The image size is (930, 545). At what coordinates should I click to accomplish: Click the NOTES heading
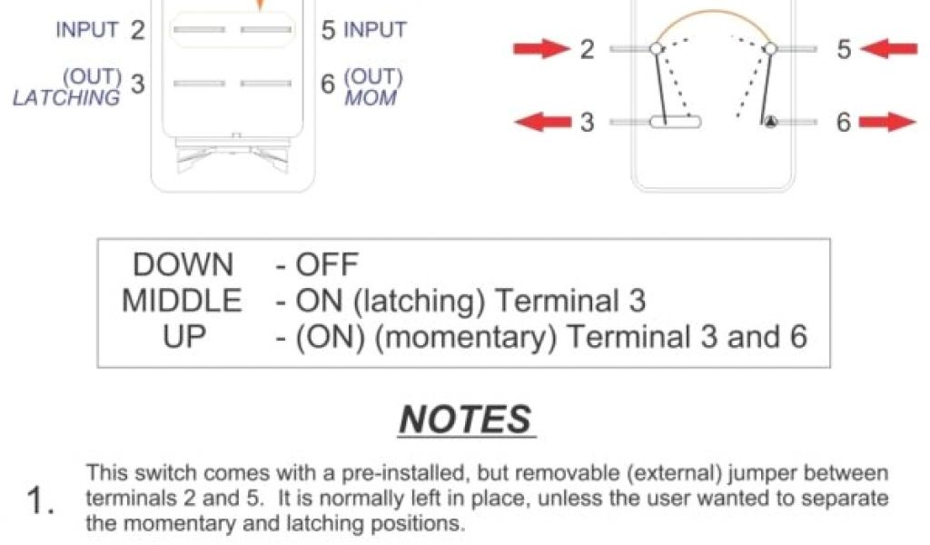(x=465, y=420)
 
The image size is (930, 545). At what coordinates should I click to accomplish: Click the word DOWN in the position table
(x=183, y=265)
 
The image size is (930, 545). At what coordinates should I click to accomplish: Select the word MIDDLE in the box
(x=183, y=301)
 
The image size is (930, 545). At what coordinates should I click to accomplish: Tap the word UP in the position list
(x=184, y=336)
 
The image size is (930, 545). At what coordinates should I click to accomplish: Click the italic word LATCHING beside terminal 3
(x=65, y=97)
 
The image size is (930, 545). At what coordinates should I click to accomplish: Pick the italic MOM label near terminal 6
(x=371, y=96)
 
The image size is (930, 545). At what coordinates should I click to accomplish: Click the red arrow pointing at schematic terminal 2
(x=541, y=49)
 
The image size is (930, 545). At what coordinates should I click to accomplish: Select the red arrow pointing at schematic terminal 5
(x=889, y=49)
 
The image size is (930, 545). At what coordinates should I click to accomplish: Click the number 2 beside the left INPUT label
(x=137, y=30)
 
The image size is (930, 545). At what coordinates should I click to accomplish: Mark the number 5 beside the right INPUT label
(x=329, y=30)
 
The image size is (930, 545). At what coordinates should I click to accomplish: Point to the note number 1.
(x=40, y=501)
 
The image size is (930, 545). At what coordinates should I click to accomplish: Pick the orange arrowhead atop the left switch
(x=261, y=5)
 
